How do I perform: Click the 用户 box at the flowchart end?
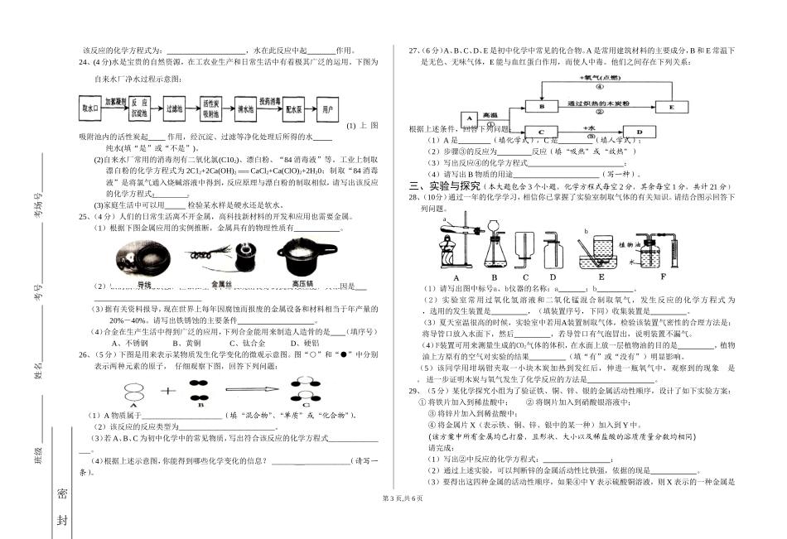tap(328, 108)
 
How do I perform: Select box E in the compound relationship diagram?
tap(670, 107)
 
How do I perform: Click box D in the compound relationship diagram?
tap(638, 131)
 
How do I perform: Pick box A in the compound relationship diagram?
tap(467, 118)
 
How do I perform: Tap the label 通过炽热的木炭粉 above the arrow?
tap(599, 102)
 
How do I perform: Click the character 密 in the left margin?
tap(62, 493)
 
